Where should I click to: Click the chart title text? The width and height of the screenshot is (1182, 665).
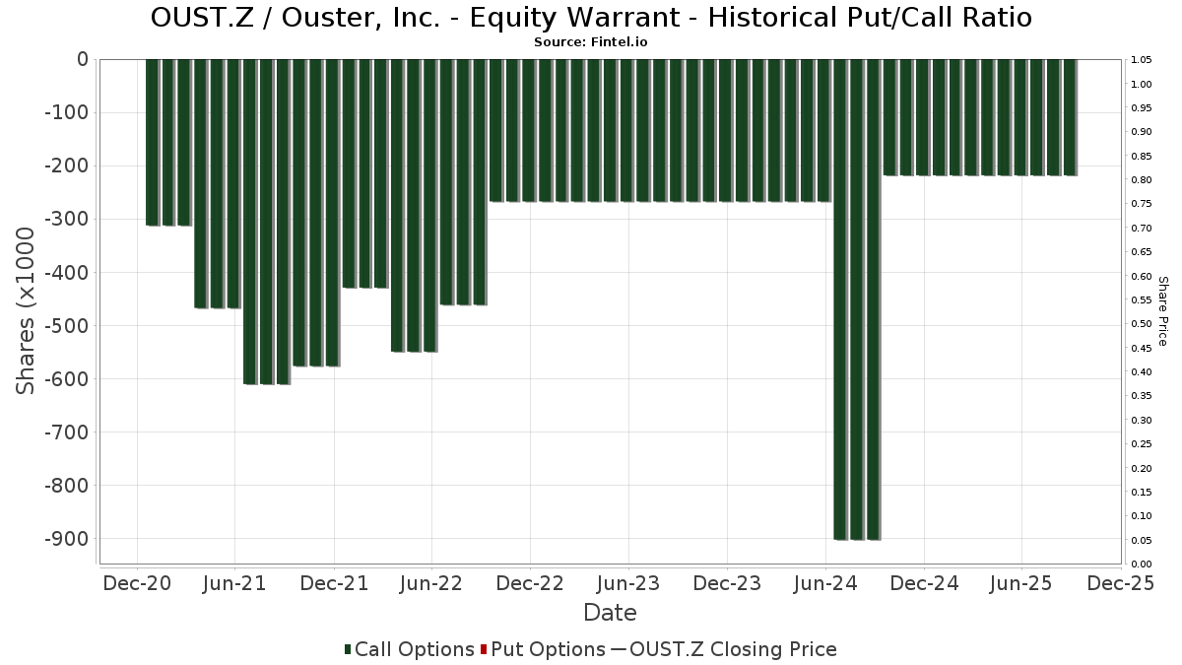[x=591, y=18]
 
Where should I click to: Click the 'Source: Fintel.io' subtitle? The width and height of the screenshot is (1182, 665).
[x=591, y=42]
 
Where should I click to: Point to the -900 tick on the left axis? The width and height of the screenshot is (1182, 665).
[x=67, y=539]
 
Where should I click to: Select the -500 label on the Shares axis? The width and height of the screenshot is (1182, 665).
[x=67, y=326]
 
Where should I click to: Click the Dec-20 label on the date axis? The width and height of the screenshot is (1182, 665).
[x=137, y=583]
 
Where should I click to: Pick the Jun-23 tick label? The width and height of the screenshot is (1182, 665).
[x=627, y=583]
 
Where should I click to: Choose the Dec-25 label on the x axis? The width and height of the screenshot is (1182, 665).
[x=1120, y=583]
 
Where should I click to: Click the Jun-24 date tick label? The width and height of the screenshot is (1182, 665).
[x=824, y=583]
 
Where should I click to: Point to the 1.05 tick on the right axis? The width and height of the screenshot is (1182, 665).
[x=1142, y=60]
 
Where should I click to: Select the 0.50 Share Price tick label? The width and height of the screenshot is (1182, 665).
[x=1142, y=324]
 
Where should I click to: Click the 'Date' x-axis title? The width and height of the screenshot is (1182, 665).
[x=610, y=613]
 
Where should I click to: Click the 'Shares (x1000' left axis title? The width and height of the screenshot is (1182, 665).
[x=27, y=310]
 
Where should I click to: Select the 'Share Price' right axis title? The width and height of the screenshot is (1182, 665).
[x=1162, y=310]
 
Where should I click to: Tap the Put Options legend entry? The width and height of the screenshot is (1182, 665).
[x=548, y=649]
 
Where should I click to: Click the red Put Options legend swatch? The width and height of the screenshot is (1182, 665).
[x=484, y=649]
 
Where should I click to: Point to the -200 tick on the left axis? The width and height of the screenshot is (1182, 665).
[x=67, y=166]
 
